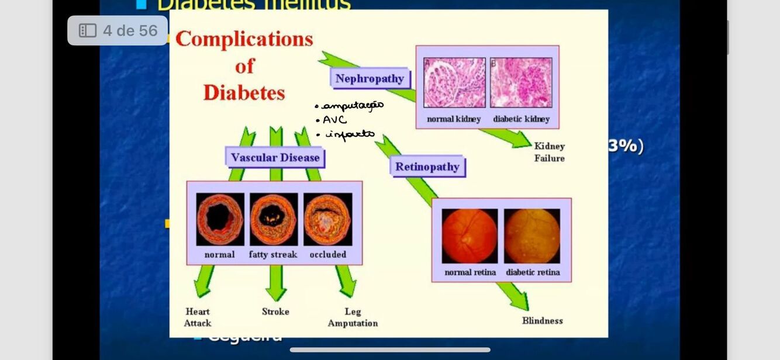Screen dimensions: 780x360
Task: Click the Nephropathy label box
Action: pos(370,79)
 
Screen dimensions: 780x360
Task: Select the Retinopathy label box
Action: pos(427,167)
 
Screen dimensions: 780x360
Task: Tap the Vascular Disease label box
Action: pos(275,157)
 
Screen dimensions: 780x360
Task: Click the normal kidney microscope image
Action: pos(454,82)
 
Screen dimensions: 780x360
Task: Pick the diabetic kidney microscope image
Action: pos(521,82)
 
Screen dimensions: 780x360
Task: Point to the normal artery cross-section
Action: pos(220,219)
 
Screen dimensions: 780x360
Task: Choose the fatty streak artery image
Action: pos(274,219)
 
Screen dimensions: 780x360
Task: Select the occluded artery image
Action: pos(327,219)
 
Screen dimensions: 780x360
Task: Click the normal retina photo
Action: pos(470,236)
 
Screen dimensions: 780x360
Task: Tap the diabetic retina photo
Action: pos(532,236)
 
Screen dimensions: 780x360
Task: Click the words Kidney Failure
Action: pos(549,152)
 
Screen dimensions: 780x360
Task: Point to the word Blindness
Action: pos(542,321)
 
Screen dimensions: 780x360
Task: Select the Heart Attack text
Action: pos(198,317)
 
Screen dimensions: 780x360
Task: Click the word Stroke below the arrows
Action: pos(275,311)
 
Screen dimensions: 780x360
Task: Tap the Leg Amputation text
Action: pos(353,317)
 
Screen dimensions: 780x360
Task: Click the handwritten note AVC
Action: pos(334,120)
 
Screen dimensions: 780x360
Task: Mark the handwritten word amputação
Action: pos(353,106)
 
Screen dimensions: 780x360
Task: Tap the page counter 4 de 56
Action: pos(118,30)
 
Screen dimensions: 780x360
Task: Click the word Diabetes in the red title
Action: pos(244,92)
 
